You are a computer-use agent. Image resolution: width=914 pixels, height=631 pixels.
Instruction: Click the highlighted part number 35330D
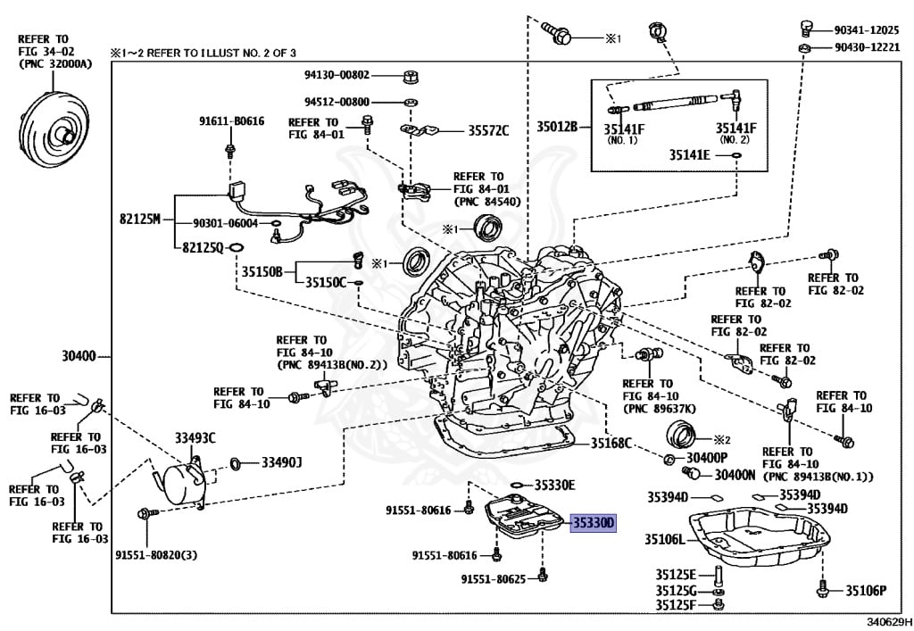tap(594, 523)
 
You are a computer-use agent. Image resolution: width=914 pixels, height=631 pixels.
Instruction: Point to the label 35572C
tap(488, 131)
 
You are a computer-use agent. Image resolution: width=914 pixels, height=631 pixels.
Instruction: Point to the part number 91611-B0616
tap(231, 120)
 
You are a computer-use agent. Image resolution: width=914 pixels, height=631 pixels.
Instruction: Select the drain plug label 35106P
tap(866, 590)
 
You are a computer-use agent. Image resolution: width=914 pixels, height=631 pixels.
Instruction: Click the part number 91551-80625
tap(493, 579)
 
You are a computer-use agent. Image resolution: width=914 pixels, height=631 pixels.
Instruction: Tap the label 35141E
tap(689, 154)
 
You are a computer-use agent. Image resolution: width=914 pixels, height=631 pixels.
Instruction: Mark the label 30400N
tap(735, 475)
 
